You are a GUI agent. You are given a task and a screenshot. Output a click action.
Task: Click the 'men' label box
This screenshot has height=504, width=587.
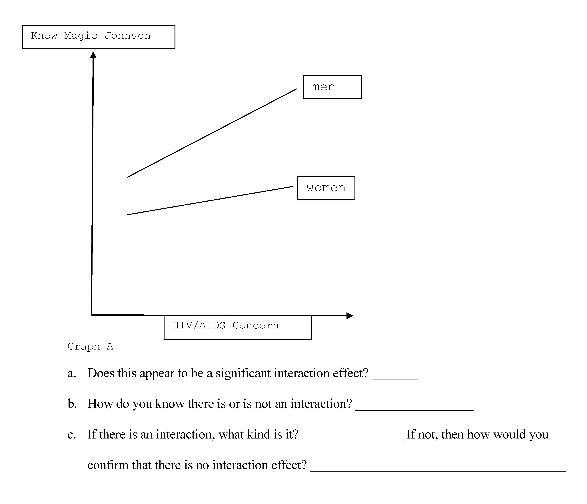(332, 87)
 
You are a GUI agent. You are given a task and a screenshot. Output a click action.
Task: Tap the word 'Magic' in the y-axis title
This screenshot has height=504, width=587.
(81, 36)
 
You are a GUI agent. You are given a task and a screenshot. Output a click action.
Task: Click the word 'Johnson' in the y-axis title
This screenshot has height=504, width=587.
(127, 36)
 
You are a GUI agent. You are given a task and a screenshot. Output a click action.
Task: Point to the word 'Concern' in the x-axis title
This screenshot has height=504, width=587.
(256, 325)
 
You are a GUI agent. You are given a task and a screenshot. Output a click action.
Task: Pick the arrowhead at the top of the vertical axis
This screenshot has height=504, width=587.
(93, 55)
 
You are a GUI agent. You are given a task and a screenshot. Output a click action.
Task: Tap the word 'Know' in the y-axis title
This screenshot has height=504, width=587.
(44, 36)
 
